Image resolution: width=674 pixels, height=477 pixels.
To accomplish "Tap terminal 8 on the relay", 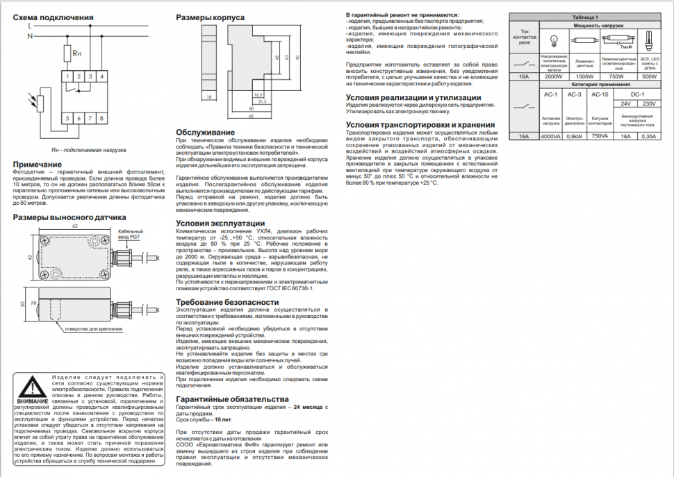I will coord(103,119).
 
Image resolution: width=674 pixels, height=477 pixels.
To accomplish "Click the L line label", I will coord(29,25).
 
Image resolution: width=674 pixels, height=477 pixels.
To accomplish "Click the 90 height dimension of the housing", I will coord(297,58).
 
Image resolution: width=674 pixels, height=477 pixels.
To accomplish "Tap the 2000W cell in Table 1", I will coord(553,76).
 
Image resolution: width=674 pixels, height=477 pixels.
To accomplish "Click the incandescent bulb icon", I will coord(554,40).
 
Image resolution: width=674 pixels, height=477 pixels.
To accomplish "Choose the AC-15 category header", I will coord(598,94).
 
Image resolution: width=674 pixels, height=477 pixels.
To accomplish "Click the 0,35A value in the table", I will coord(649,136).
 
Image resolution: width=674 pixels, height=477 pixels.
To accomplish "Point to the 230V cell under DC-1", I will coord(649,103).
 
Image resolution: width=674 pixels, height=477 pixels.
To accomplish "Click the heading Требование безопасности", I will coord(227,302).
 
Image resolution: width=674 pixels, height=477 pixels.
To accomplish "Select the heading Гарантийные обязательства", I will coord(231,399).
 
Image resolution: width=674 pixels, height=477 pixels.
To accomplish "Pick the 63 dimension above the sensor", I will coord(74,226).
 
